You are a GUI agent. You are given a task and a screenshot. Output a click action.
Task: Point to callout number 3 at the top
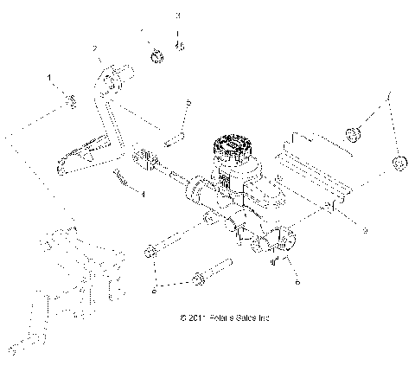tap(179, 16)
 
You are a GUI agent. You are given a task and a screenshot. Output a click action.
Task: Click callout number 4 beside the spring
tap(144, 195)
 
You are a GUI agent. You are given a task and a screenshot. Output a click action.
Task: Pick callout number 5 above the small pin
tap(188, 103)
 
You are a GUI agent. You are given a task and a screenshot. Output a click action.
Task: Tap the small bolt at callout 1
tap(71, 103)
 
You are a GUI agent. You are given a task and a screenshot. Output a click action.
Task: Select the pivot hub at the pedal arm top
tap(110, 85)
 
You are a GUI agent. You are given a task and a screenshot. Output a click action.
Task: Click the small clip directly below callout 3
tap(179, 45)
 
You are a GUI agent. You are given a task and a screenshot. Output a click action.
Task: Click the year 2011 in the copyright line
tap(195, 317)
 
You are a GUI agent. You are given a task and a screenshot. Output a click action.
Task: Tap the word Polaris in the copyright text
tap(222, 317)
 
